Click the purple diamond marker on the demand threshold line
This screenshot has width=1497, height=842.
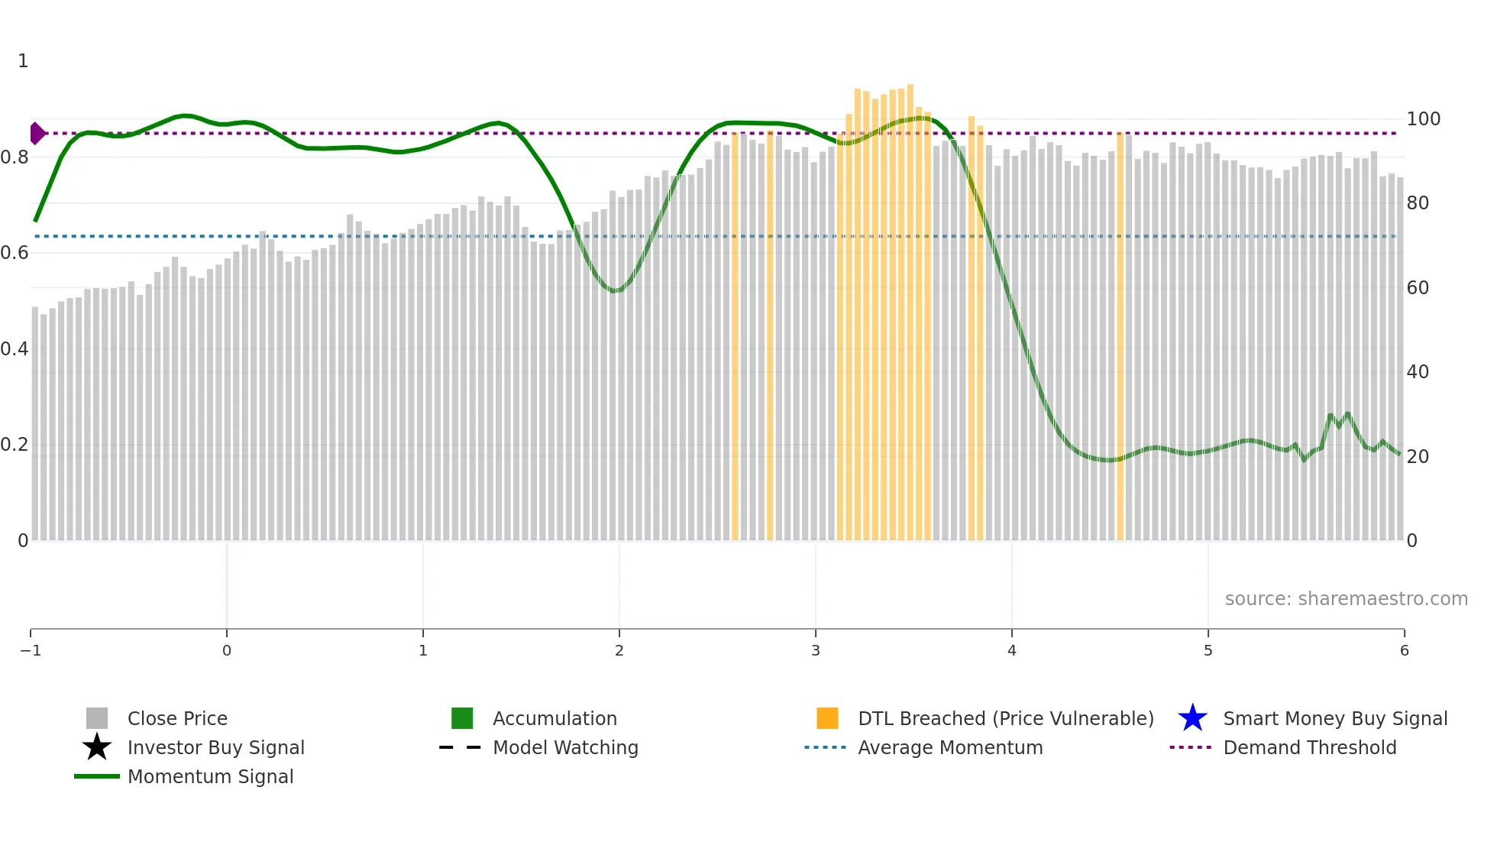(x=37, y=133)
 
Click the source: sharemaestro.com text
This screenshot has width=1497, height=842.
(x=1346, y=599)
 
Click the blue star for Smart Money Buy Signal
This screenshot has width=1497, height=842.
(x=1192, y=718)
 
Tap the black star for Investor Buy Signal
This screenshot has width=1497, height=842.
(x=97, y=747)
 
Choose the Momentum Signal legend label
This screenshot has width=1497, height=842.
(x=210, y=777)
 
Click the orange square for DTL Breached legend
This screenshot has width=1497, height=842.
(x=827, y=718)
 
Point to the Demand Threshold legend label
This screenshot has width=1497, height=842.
(x=1309, y=748)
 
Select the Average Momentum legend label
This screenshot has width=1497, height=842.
(x=949, y=748)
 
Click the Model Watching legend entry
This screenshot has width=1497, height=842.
(x=565, y=748)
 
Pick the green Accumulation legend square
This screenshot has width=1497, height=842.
(x=462, y=718)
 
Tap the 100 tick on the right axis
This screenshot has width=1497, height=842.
(x=1423, y=119)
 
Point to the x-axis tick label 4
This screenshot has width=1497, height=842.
(x=1011, y=651)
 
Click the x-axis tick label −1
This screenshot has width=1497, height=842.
(x=31, y=651)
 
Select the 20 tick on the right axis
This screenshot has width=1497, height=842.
(x=1418, y=457)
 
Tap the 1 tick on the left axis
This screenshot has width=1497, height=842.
(x=23, y=61)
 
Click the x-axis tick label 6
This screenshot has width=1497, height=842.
(x=1404, y=651)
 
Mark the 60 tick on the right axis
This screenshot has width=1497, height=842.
(x=1418, y=288)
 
